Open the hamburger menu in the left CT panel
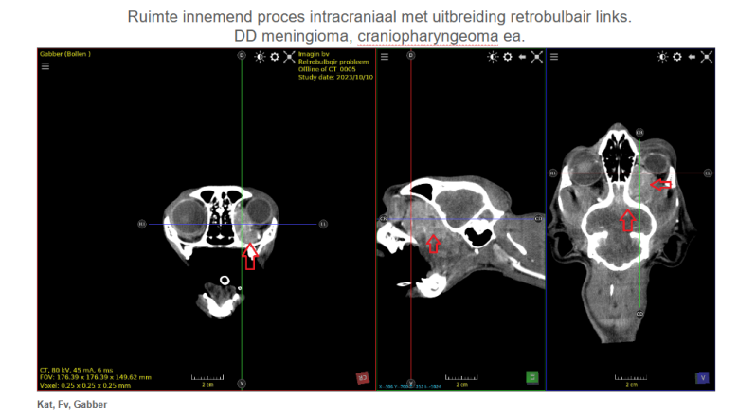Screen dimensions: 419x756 (45, 67)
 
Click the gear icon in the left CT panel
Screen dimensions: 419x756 (274, 57)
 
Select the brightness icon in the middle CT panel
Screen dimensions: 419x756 (493, 57)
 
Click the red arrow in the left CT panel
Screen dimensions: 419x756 (250, 255)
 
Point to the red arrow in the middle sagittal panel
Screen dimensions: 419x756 (433, 243)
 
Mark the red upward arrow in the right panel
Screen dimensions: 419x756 (627, 220)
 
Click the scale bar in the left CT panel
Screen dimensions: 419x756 (207, 378)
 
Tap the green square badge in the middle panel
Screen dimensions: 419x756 (532, 377)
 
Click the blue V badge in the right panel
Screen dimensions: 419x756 (702, 377)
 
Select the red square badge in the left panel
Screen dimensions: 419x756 (362, 377)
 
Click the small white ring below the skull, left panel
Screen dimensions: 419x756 (225, 281)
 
